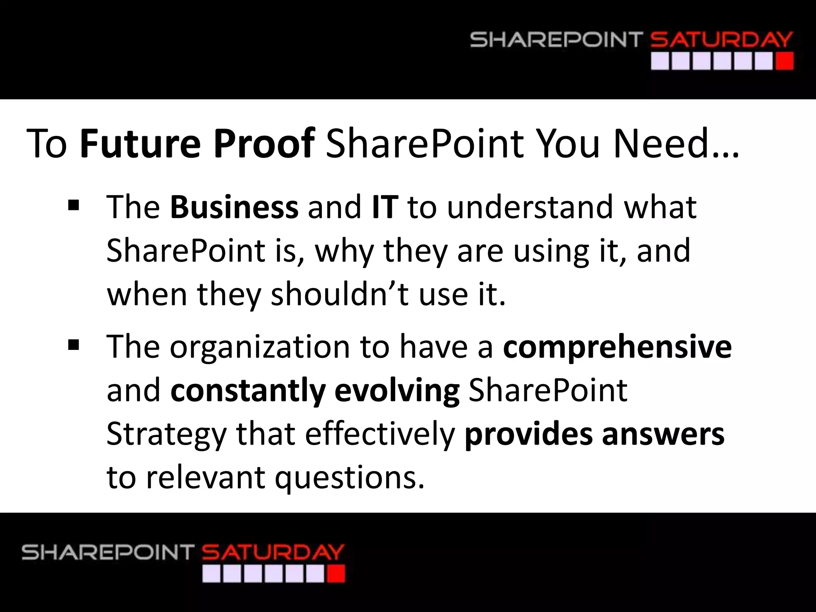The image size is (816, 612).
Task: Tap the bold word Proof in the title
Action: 265,143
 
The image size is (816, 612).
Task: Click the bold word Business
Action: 234,207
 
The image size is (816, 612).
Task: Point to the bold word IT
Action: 385,207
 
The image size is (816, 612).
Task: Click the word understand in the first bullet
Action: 530,207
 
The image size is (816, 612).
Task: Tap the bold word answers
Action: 663,434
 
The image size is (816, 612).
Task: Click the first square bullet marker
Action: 74,206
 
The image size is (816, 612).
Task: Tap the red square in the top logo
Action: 785,62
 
